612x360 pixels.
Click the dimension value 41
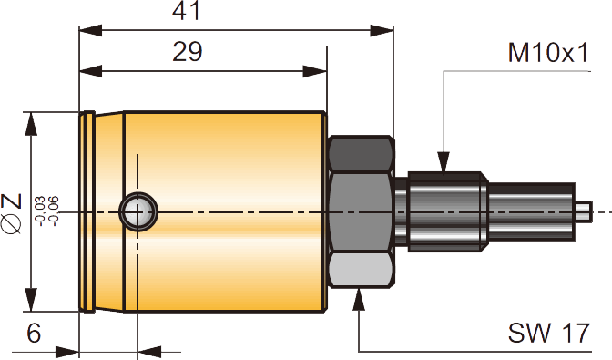[x=186, y=11]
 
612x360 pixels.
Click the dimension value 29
[x=188, y=52]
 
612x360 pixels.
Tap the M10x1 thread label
[x=547, y=53]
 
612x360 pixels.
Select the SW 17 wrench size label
[x=548, y=333]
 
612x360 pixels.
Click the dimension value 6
[x=34, y=334]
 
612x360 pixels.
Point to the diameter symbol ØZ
[x=11, y=213]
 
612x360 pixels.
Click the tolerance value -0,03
[x=40, y=211]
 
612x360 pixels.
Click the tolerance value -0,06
[x=53, y=211]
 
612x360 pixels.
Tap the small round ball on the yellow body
[x=138, y=212]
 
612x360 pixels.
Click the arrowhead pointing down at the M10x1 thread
[x=444, y=161]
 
